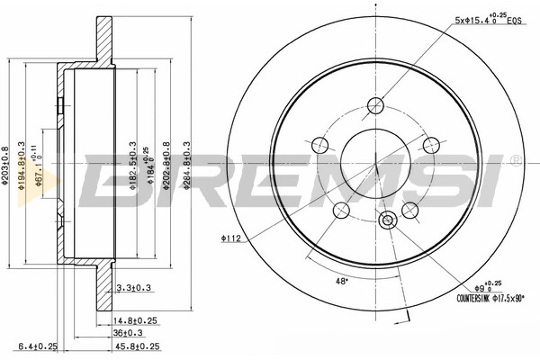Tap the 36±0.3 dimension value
click(131, 331)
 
